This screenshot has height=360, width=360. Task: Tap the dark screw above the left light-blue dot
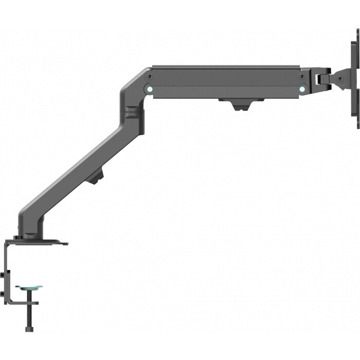[x=150, y=76]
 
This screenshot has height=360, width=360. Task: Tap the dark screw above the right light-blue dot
[x=302, y=76]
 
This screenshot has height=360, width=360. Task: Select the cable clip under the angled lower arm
[x=95, y=178]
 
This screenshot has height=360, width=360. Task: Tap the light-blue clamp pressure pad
[x=29, y=289]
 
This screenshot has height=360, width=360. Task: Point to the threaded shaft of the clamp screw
[x=29, y=306]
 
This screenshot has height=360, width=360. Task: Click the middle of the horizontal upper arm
[x=226, y=82]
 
